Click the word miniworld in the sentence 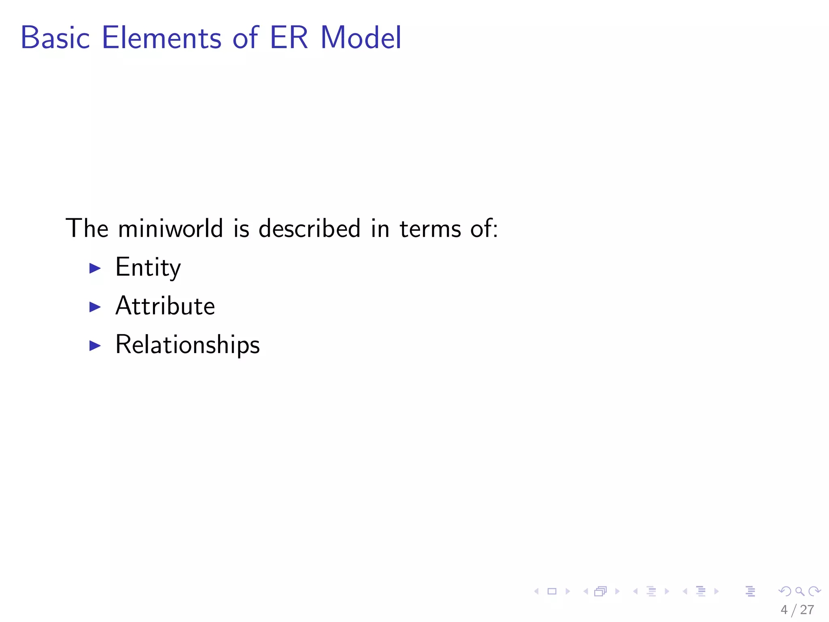point(170,228)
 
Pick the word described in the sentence point(309,228)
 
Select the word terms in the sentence point(430,228)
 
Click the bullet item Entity point(148,268)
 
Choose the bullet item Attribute point(165,306)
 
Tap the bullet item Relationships point(187,345)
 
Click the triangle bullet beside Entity point(95,268)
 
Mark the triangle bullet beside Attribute point(95,307)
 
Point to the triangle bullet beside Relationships point(95,345)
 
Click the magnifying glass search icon point(799,592)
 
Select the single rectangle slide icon point(552,591)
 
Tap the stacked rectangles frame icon point(600,592)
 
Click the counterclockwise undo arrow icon point(784,591)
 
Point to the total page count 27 point(807,610)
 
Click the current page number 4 point(784,610)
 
